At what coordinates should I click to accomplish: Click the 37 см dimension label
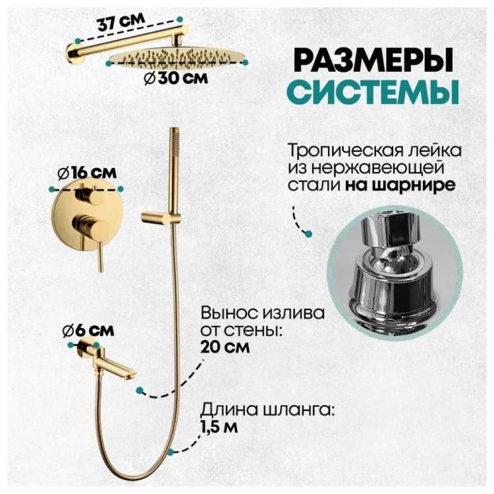coord(121,22)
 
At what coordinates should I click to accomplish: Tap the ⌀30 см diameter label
coord(176,78)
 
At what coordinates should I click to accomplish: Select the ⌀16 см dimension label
coord(87,173)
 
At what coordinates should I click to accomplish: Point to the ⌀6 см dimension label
coord(88,331)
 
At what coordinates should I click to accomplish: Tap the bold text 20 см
coord(225,347)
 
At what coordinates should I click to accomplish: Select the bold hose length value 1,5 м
coord(219,427)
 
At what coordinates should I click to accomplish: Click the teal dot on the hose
coord(171,452)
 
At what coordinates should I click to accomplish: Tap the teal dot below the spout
coord(140,391)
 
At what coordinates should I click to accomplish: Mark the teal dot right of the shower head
coord(245,63)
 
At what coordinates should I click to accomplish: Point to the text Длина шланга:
coord(267,410)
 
